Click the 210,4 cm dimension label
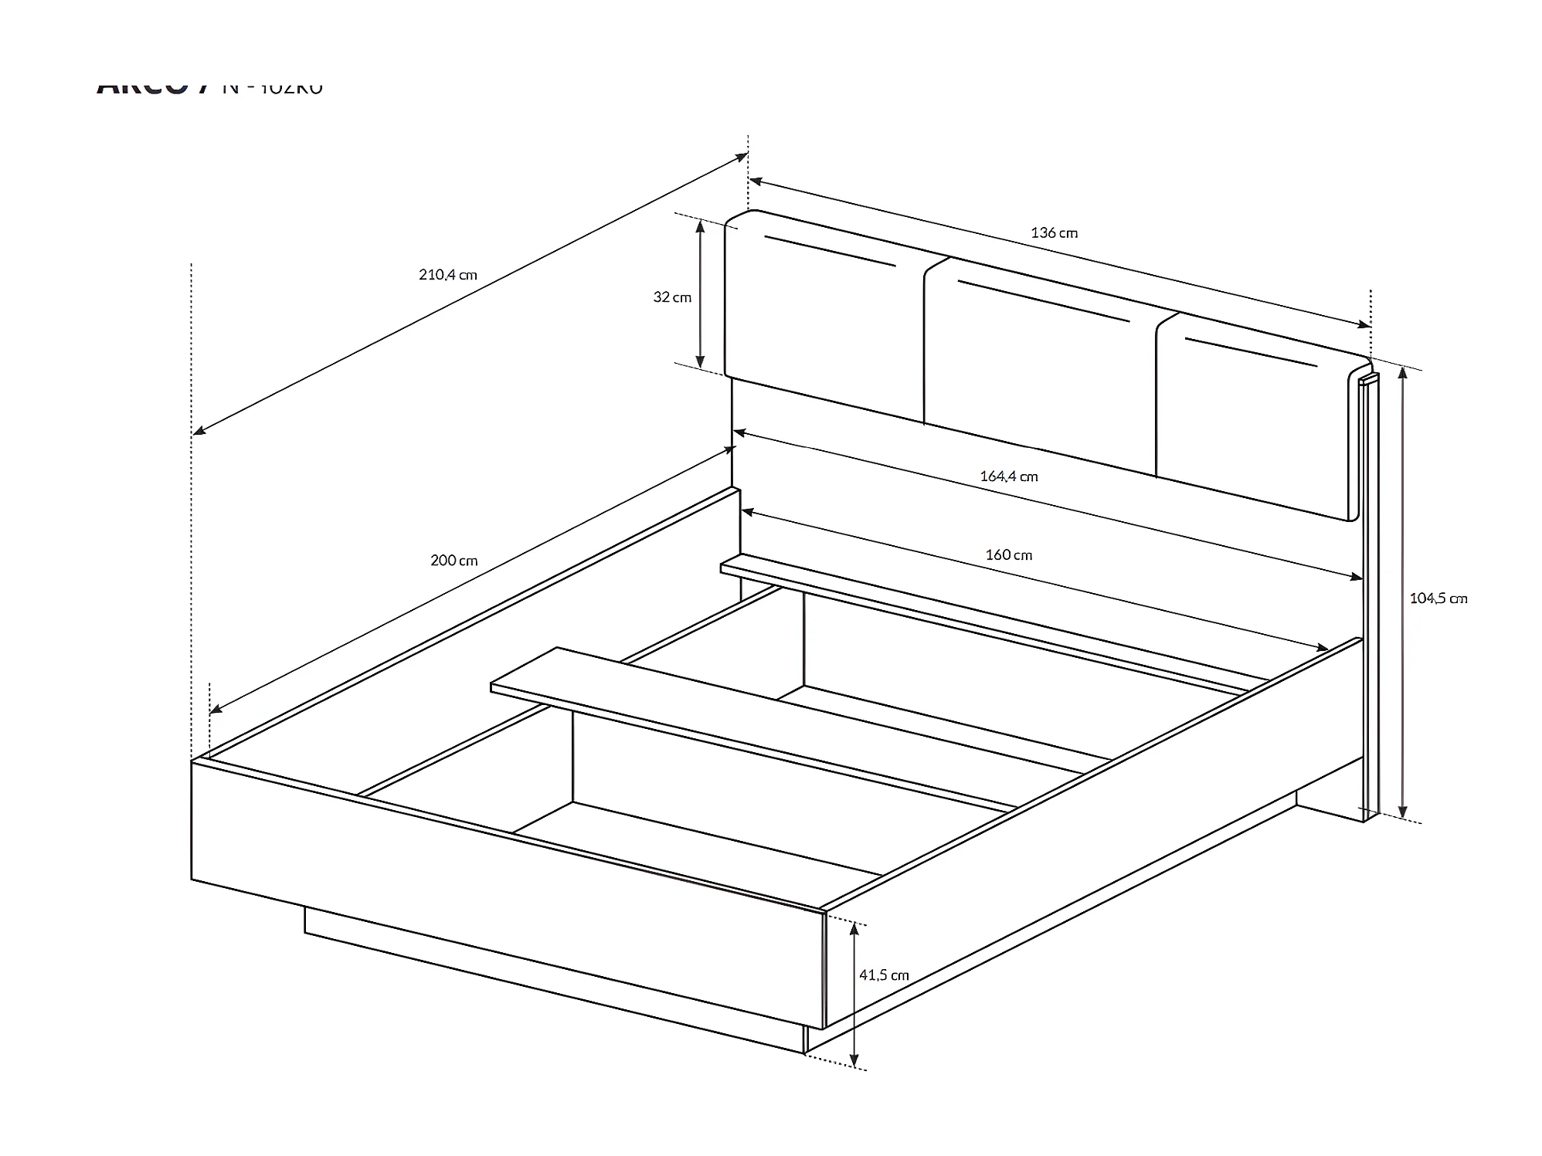tap(448, 274)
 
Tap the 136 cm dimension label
tap(1054, 232)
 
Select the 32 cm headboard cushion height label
tap(672, 297)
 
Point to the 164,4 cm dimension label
tap(1009, 476)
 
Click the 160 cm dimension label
tap(1009, 554)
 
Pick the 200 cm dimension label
tap(454, 561)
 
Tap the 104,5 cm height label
tap(1438, 598)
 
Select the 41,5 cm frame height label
tap(884, 975)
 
